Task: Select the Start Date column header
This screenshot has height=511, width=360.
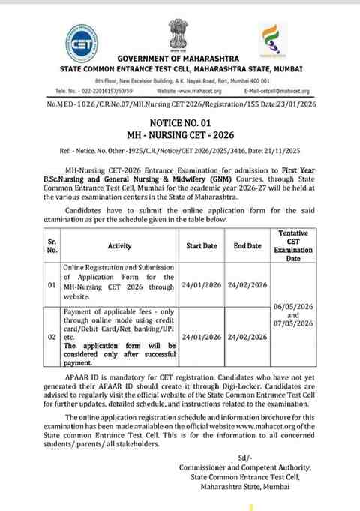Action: (202, 245)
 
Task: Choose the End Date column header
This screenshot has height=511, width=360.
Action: (247, 245)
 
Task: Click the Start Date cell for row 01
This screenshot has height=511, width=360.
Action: (202, 285)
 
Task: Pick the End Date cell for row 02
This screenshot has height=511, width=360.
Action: (248, 337)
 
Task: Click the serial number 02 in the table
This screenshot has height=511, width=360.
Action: (50, 337)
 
